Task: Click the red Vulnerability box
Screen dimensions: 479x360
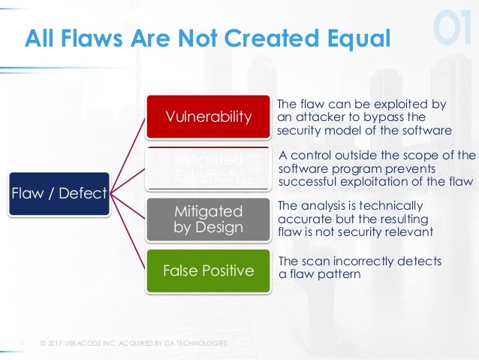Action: [x=208, y=116]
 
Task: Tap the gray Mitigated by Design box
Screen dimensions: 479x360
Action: [x=208, y=218]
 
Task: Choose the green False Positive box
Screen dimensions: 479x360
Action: [x=208, y=270]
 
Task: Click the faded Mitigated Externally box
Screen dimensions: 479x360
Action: [x=208, y=168]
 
